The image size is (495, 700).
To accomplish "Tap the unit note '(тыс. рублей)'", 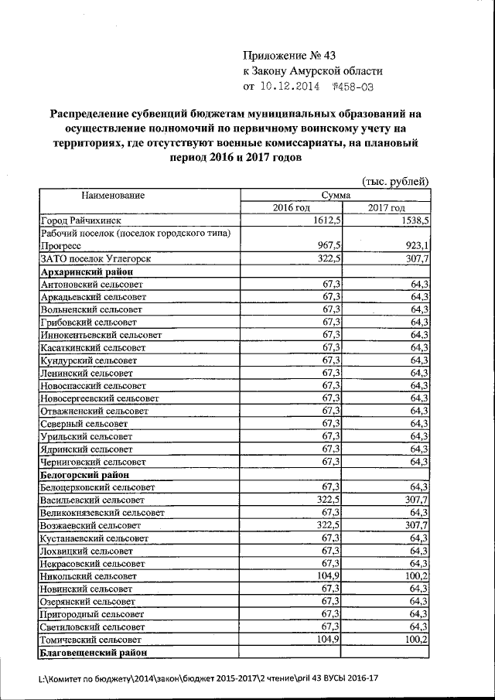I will tap(395, 181).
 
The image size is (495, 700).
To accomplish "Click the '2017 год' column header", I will tap(387, 208).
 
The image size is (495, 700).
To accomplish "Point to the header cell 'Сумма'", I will tap(336, 196).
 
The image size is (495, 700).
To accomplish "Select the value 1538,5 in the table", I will tap(415, 220).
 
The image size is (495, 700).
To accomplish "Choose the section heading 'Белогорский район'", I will tap(83, 474).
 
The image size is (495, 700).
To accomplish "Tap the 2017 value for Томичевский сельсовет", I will tap(415, 641).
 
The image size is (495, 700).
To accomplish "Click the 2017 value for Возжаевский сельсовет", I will tap(415, 524).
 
